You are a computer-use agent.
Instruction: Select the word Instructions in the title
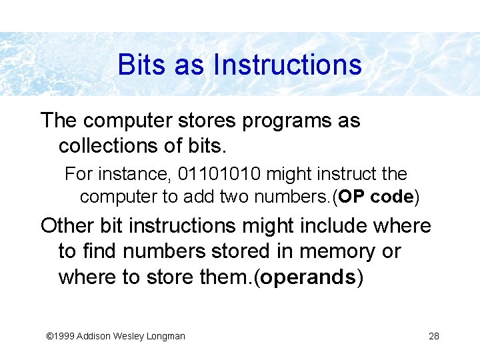287,65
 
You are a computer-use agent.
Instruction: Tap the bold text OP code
377,197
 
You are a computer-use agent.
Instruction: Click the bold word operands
308,277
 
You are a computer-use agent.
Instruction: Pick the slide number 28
434,336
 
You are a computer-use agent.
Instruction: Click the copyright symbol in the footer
49,336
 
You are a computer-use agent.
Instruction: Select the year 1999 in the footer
64,336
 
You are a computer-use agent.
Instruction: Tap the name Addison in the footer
95,336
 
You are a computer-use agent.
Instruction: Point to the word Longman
165,336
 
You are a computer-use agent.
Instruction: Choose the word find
101,251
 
